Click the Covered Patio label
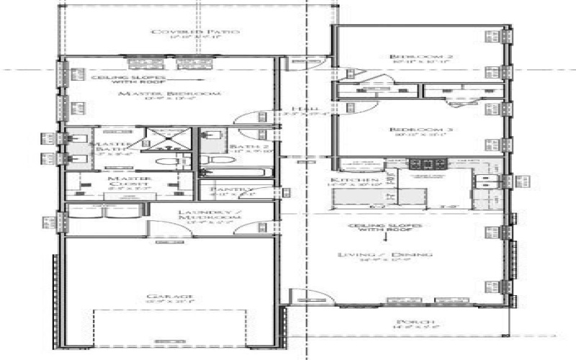pos(194,32)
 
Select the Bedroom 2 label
pos(410,56)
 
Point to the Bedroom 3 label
pos(410,130)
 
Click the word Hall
pos(292,109)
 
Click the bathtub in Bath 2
pos(233,173)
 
